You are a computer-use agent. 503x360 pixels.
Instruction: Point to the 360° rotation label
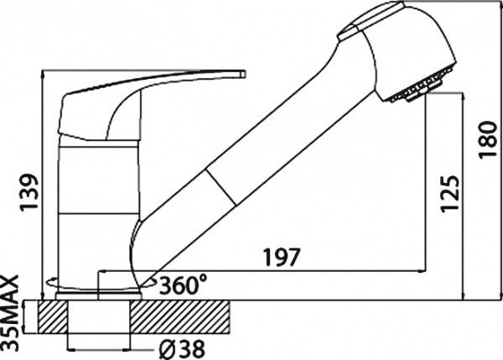(x=184, y=283)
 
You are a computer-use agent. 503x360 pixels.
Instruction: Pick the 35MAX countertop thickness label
(x=12, y=313)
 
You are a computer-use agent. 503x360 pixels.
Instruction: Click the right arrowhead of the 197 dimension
(x=419, y=270)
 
